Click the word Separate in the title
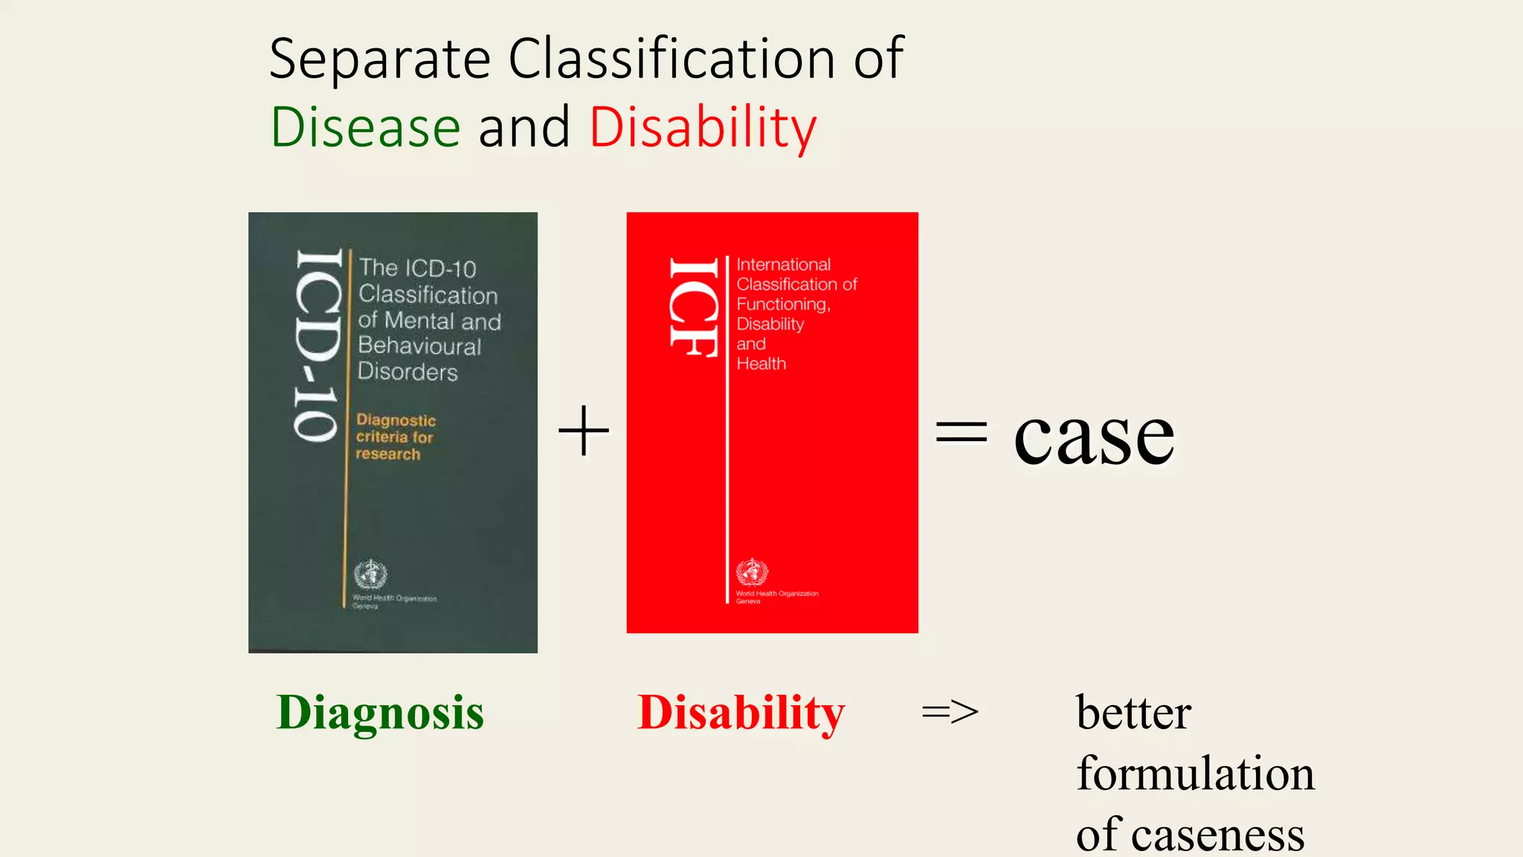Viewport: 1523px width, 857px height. click(x=379, y=60)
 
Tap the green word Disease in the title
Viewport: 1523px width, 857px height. click(x=365, y=127)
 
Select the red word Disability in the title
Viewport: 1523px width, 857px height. click(x=703, y=128)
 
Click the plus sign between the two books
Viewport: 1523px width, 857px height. click(x=584, y=431)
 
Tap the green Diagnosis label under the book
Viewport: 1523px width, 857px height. click(x=380, y=713)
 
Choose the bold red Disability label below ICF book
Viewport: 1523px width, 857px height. click(x=741, y=713)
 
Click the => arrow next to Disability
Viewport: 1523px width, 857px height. click(x=950, y=713)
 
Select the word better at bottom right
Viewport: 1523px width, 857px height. click(x=1133, y=713)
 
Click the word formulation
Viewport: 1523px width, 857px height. click(x=1195, y=774)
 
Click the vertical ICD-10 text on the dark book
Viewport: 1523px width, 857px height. click(x=318, y=346)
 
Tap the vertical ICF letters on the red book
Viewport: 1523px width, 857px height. click(x=693, y=307)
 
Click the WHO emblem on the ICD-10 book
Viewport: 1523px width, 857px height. click(x=370, y=574)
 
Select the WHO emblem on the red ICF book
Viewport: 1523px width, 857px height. click(x=752, y=572)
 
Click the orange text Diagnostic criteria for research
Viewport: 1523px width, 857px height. click(x=395, y=437)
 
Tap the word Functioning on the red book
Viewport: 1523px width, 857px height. click(x=782, y=304)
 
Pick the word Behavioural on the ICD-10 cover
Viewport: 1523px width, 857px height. click(x=419, y=346)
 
